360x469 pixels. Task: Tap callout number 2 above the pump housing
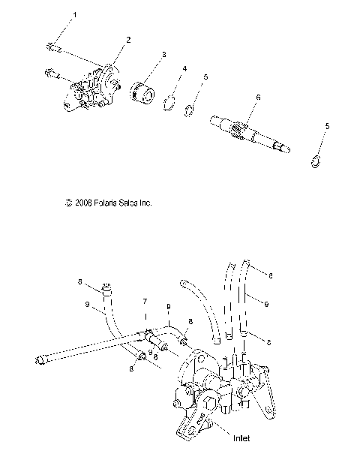pos(128,39)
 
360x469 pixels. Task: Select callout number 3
pos(164,55)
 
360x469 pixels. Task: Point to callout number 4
pos(184,69)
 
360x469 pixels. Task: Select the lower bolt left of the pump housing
pos(52,74)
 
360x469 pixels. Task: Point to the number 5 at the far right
pos(326,125)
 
